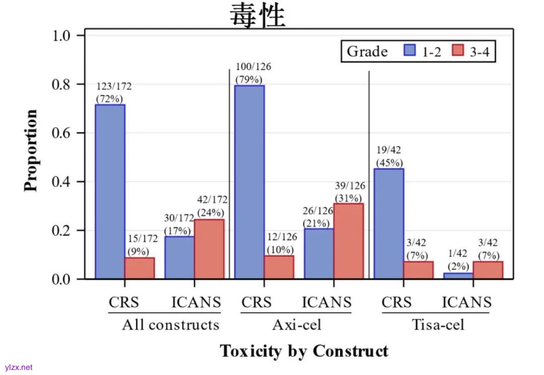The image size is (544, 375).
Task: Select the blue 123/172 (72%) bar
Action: (110, 192)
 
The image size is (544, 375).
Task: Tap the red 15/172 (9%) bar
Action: (140, 268)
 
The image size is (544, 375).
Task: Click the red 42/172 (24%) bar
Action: (210, 249)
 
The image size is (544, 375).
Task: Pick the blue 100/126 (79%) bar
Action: (249, 182)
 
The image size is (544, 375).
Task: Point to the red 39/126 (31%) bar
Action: (349, 241)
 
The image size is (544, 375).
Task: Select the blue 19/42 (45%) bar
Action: (389, 223)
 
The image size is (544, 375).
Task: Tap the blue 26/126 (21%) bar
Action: (319, 254)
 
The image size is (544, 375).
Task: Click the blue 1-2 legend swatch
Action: (410, 51)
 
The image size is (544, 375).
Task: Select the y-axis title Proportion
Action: (31, 150)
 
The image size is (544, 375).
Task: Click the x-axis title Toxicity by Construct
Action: (304, 351)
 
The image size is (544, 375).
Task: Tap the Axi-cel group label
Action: (296, 325)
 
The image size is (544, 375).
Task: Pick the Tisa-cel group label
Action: (438, 325)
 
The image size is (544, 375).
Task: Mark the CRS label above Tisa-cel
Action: (396, 302)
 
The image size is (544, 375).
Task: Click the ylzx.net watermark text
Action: (19, 367)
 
